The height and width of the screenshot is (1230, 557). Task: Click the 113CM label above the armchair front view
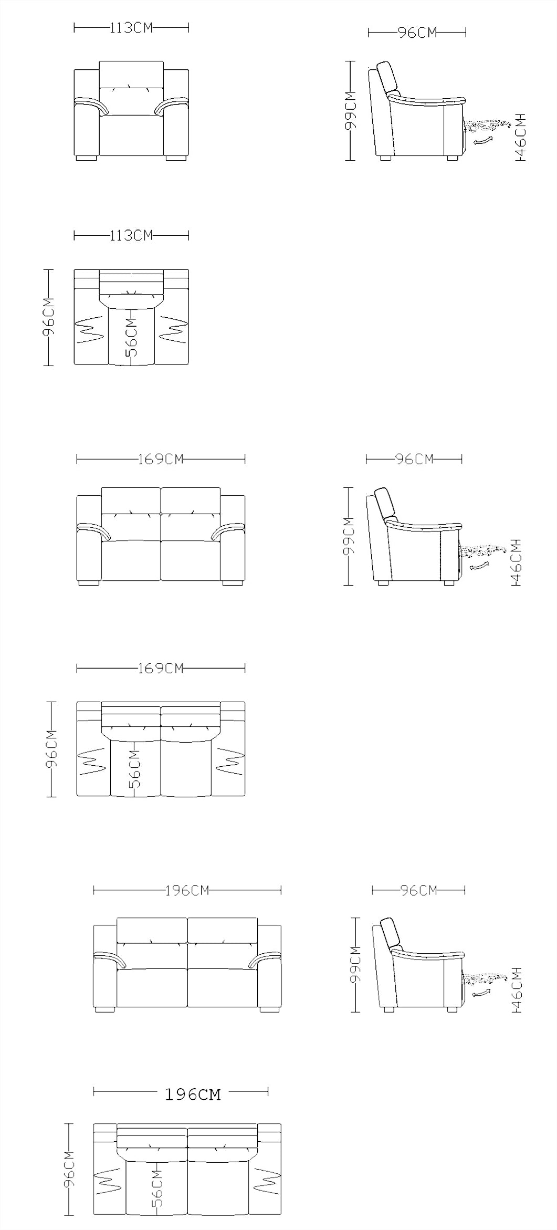point(131,28)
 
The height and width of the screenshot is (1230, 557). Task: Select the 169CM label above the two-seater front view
point(161,459)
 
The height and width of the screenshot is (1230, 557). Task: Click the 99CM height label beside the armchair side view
point(350,110)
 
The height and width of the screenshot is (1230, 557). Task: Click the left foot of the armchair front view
point(87,157)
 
